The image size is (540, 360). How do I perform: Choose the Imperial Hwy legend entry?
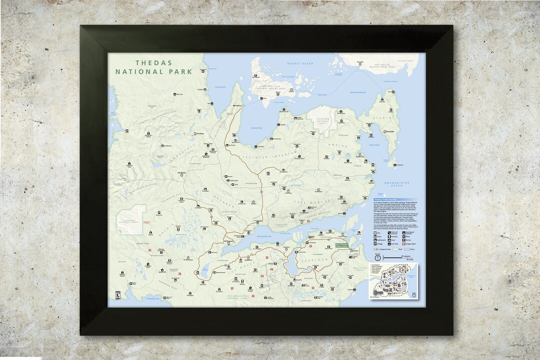click(x=383, y=248)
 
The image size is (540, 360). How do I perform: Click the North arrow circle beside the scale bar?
click(x=378, y=257)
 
